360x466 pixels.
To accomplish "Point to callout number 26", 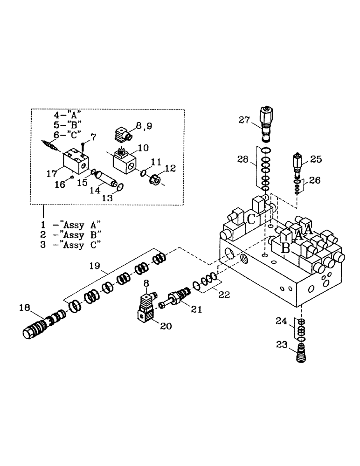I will click(315, 180).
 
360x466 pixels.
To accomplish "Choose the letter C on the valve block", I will click(251, 219).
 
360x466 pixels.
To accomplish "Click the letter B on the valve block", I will click(285, 248).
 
